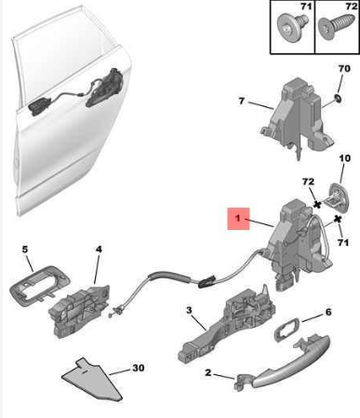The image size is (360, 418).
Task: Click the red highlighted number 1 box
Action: pyautogui.click(x=238, y=219)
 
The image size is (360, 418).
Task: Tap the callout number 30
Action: pyautogui.click(x=139, y=368)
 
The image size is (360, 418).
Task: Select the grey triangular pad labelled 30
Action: pyautogui.click(x=92, y=380)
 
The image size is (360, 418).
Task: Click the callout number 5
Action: pyautogui.click(x=25, y=249)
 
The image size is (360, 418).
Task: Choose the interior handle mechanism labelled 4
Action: pyautogui.click(x=79, y=310)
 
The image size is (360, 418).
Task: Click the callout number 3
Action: pyautogui.click(x=189, y=310)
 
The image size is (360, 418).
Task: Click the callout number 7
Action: pyautogui.click(x=242, y=101)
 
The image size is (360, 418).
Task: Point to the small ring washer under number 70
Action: pyautogui.click(x=338, y=99)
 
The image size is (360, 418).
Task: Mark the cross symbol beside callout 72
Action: pyautogui.click(x=317, y=205)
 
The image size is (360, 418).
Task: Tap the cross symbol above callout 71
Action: pyautogui.click(x=338, y=219)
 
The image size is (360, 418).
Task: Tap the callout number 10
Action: pyautogui.click(x=344, y=158)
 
